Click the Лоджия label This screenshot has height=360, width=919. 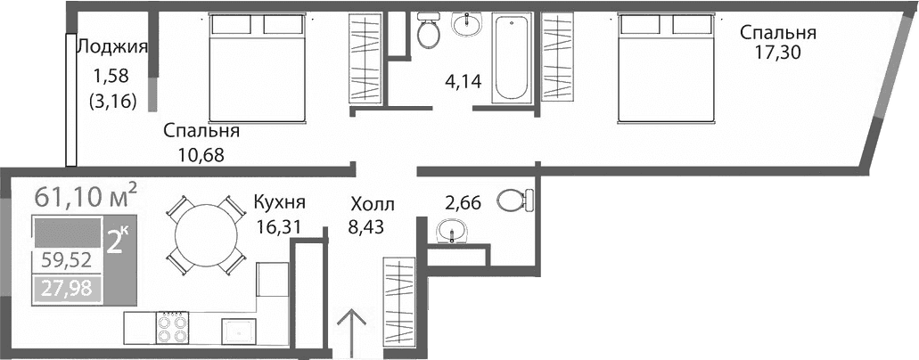click(x=111, y=47)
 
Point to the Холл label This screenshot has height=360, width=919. click(x=371, y=204)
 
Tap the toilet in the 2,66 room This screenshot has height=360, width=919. click(x=513, y=200)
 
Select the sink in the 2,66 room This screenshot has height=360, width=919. click(x=454, y=232)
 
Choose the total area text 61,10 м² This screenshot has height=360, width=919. click(x=86, y=194)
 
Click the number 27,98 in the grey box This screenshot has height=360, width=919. click(x=66, y=288)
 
